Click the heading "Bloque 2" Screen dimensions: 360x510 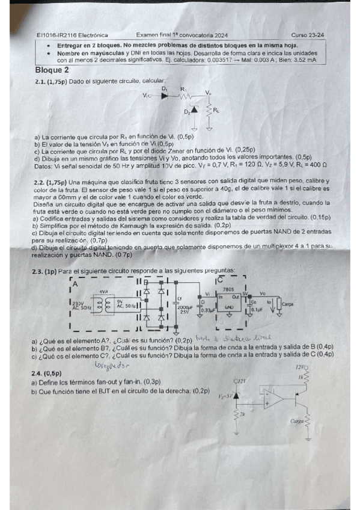[x=52, y=70]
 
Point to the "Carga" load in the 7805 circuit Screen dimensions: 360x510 [x=287, y=304]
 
